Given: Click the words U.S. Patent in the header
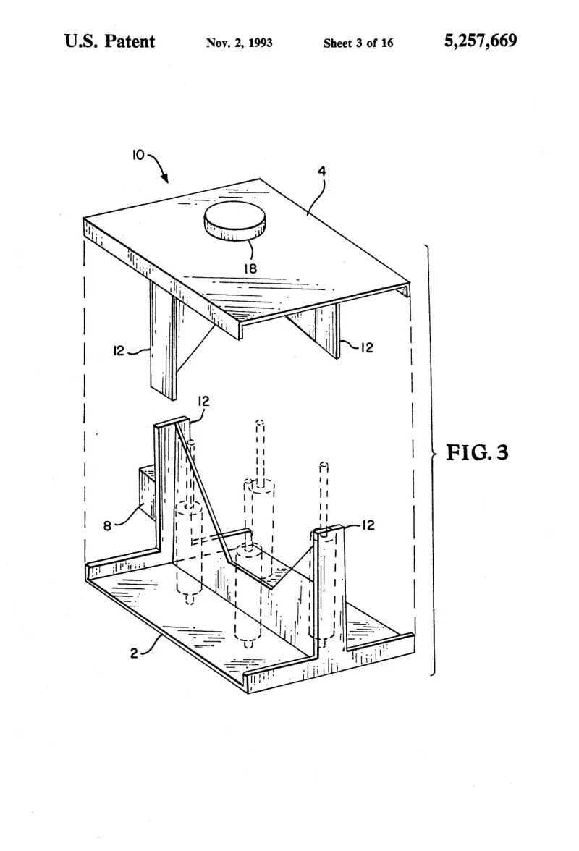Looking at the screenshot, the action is coord(109,41).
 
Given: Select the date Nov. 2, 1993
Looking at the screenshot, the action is coord(240,43).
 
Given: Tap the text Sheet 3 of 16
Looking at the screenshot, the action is coord(358,43).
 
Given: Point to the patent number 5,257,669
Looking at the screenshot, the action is coord(481,41).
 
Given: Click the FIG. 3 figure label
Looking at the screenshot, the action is coord(477,452).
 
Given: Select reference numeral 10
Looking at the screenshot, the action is coord(138,155).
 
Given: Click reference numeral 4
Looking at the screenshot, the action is coord(322,172).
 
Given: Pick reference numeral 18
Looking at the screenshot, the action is coord(250,268).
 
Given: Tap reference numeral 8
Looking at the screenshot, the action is coord(107,525).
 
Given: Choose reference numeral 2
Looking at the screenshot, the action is coord(134,653).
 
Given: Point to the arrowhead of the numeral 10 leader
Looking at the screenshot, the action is coord(165,179).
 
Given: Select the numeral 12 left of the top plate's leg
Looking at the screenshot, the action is coord(119,351).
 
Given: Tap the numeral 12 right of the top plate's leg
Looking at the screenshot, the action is coord(368,348).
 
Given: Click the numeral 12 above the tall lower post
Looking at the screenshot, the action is coord(203,401).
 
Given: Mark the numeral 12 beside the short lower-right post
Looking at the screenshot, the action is coord(368,525).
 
